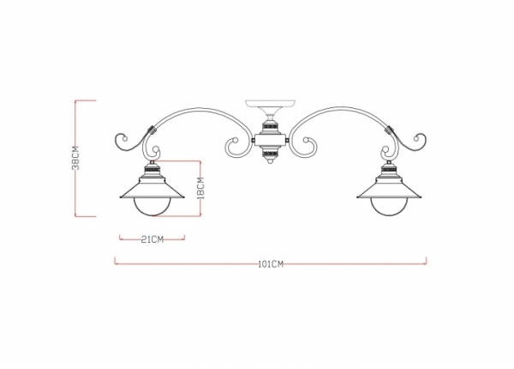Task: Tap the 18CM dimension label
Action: click(200, 187)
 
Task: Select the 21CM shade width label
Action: click(152, 239)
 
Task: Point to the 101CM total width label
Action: click(271, 264)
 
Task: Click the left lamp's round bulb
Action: click(152, 207)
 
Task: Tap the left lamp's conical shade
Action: click(152, 187)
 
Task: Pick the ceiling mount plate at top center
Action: click(270, 105)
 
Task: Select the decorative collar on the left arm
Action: click(152, 132)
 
